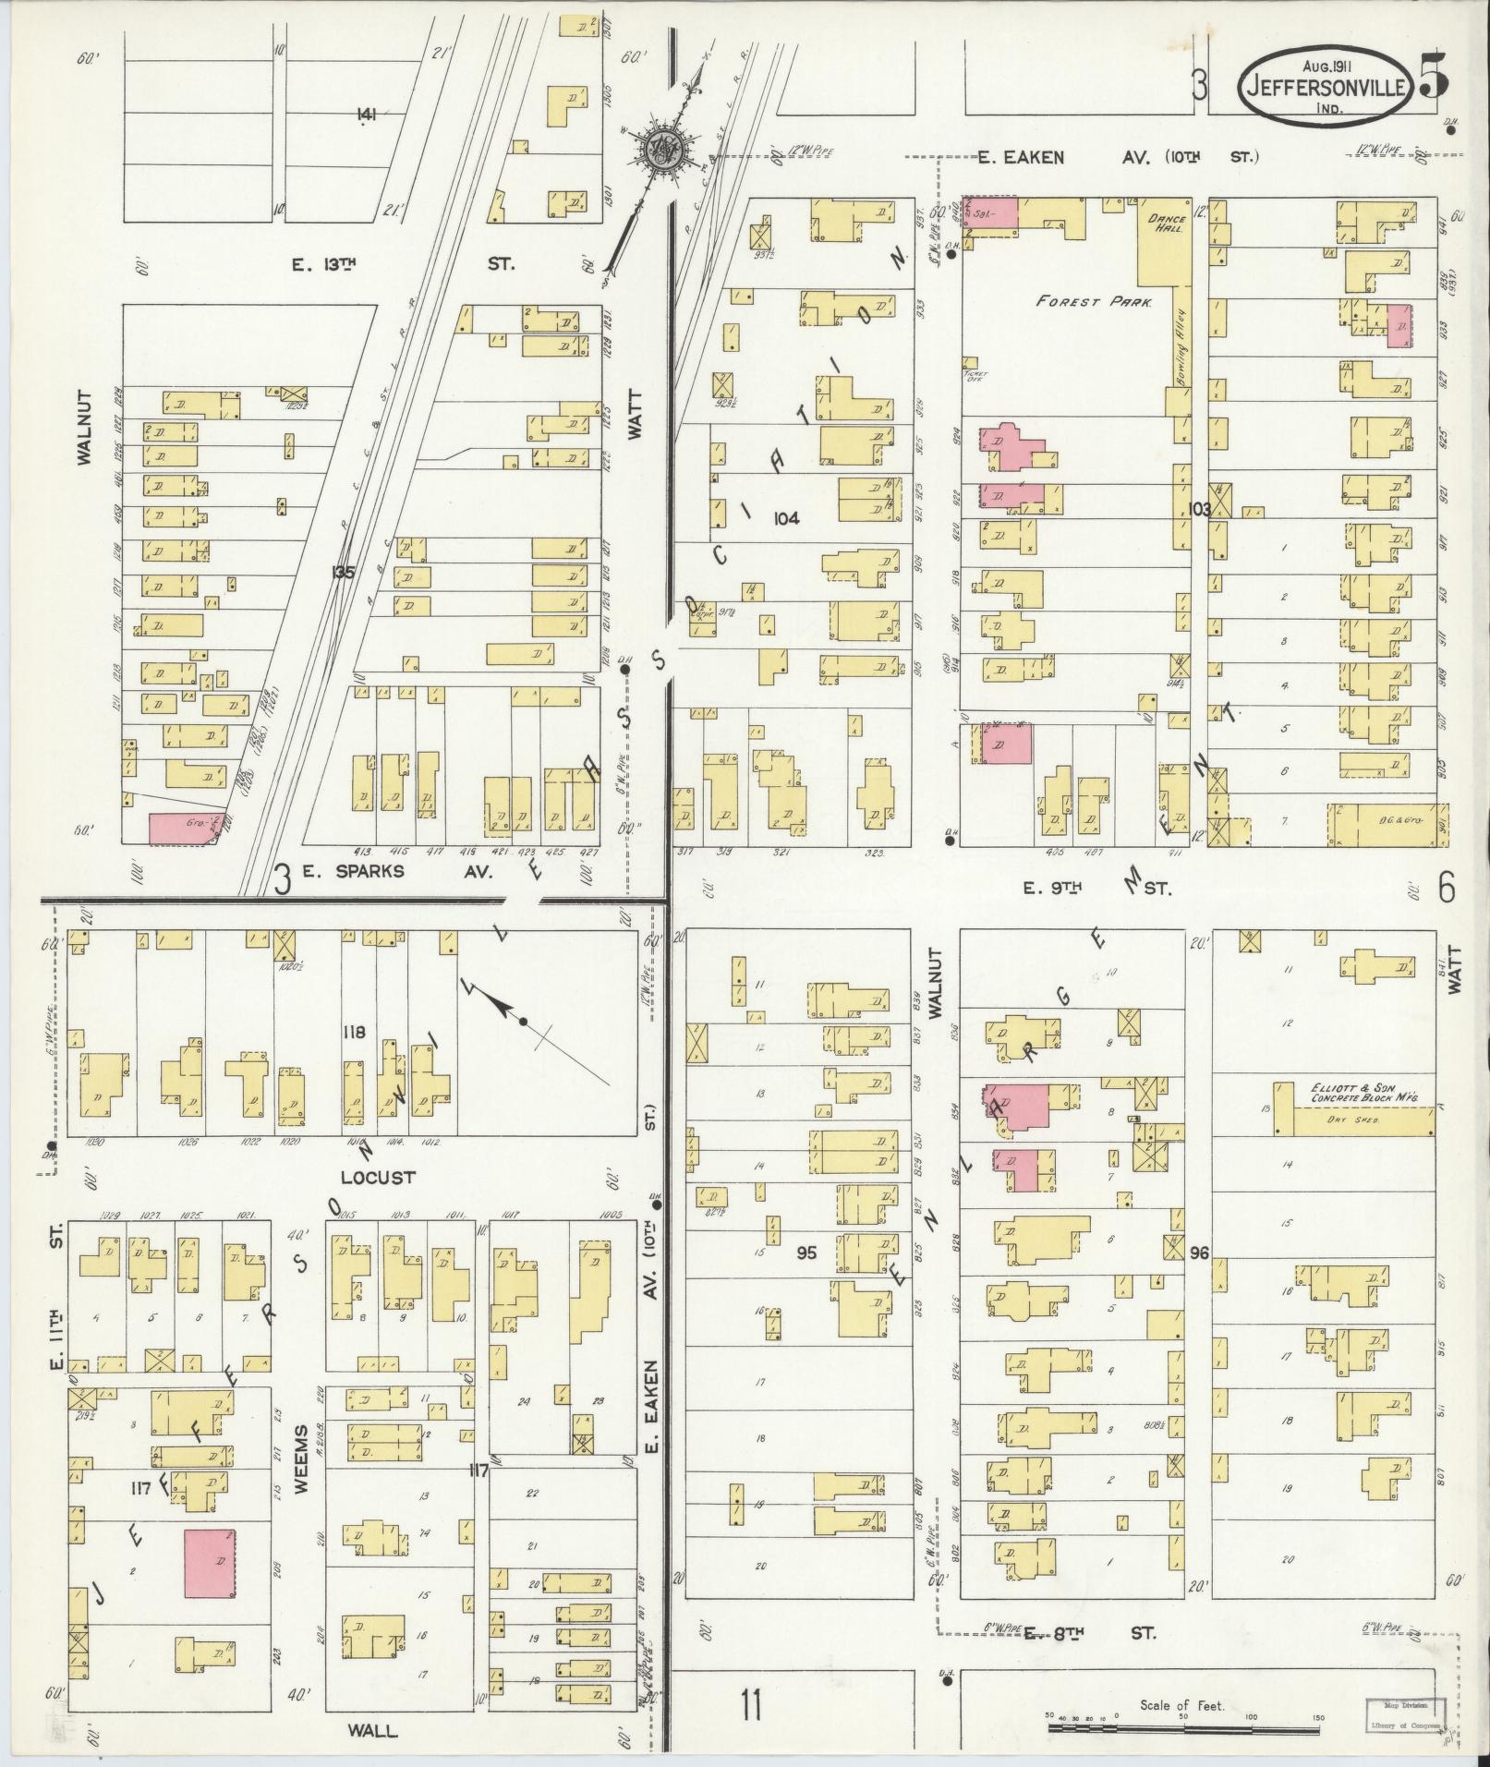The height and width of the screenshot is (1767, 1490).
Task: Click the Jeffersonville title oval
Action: tap(1324, 87)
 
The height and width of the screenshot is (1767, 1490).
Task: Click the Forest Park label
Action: tap(1093, 301)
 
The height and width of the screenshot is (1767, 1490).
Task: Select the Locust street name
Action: tap(378, 1178)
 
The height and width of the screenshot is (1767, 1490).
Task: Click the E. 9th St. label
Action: tap(1097, 889)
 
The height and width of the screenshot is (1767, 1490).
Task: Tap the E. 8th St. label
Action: tap(1090, 1633)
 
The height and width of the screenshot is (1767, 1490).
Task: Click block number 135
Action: tap(343, 573)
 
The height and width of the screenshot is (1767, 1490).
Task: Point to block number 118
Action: tap(355, 1031)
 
